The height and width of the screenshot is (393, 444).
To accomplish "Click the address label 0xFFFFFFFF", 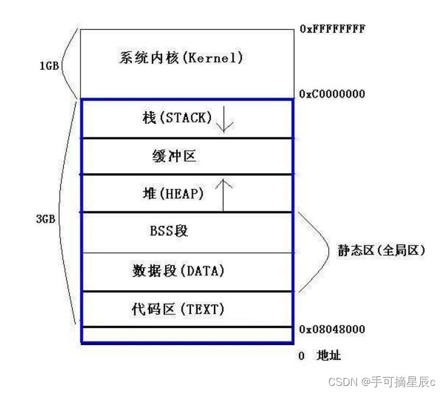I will coord(332,28).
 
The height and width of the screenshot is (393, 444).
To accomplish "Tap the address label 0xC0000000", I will coord(332,94).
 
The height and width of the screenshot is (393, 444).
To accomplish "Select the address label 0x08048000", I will coord(332,329).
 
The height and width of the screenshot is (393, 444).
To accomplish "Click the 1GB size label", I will coord(48,66).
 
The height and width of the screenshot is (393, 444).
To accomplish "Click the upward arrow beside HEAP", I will coord(223,194).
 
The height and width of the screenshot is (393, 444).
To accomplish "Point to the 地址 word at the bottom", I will coord(329,356).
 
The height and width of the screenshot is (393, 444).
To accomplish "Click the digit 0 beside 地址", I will coord(302,356).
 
